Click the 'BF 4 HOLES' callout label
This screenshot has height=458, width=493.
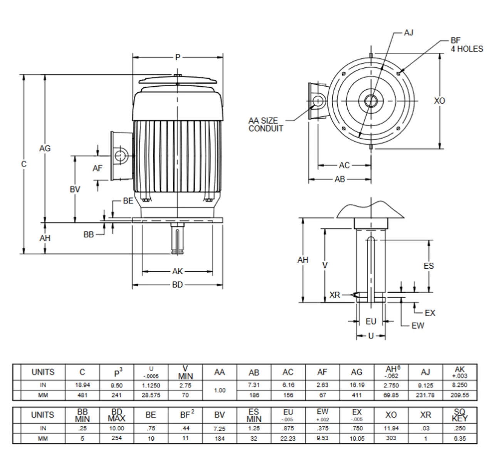pyautogui.click(x=466, y=45)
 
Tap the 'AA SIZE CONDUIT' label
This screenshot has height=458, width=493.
pyautogui.click(x=265, y=125)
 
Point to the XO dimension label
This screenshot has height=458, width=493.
pyautogui.click(x=439, y=101)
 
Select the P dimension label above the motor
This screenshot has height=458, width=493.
pyautogui.click(x=178, y=57)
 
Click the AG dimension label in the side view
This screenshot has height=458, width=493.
pyautogui.click(x=45, y=148)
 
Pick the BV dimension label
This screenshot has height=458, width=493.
pyautogui.click(x=75, y=189)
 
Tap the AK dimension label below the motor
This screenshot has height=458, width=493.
pyautogui.click(x=178, y=272)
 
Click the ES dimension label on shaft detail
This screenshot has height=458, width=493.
pyautogui.click(x=428, y=266)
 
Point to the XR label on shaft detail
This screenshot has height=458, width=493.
pyautogui.click(x=335, y=295)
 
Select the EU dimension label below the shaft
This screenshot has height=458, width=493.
pyautogui.click(x=371, y=321)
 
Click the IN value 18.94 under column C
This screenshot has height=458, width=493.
pyautogui.click(x=82, y=385)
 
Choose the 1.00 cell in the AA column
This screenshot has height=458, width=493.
pyautogui.click(x=220, y=390)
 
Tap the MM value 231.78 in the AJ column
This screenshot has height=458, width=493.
pyautogui.click(x=425, y=395)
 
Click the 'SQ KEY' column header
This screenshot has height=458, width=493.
pyautogui.click(x=459, y=415)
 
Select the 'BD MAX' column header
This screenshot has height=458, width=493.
pyautogui.click(x=116, y=415)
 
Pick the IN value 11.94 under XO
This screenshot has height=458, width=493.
pyautogui.click(x=391, y=428)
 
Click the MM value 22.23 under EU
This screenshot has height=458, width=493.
pyautogui.click(x=288, y=438)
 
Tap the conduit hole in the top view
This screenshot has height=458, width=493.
pyautogui.click(x=318, y=101)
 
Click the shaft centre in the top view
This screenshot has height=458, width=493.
pyautogui.click(x=371, y=101)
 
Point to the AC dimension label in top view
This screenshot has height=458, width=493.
pyautogui.click(x=344, y=165)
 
